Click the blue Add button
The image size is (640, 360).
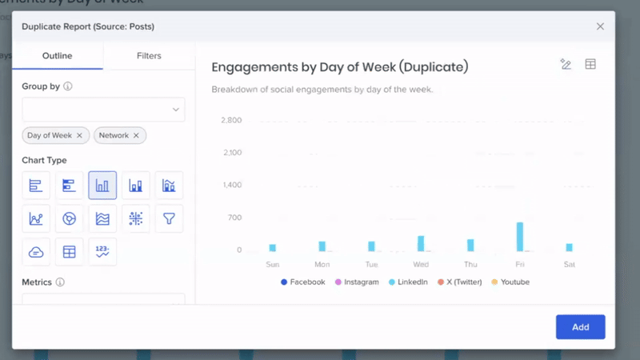point(580,326)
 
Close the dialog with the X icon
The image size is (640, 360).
point(600,26)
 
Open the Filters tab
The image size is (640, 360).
point(149,56)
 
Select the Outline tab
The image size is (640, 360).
point(58,56)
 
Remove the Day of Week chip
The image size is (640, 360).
point(79,135)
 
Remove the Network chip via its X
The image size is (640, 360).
point(136,135)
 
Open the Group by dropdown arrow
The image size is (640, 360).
point(176,110)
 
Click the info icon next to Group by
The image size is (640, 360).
point(68,86)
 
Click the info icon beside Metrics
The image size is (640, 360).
point(60,282)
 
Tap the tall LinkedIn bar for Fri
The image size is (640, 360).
point(520,237)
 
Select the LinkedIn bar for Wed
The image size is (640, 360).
point(421,243)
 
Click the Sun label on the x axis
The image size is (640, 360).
point(272,264)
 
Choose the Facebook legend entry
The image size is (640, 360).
point(302,282)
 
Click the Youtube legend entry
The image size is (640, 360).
point(510,282)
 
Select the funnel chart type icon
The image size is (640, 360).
point(169,218)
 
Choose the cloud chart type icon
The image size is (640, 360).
point(36,251)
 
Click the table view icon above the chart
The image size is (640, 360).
point(590,65)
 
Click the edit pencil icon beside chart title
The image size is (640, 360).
point(566,65)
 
